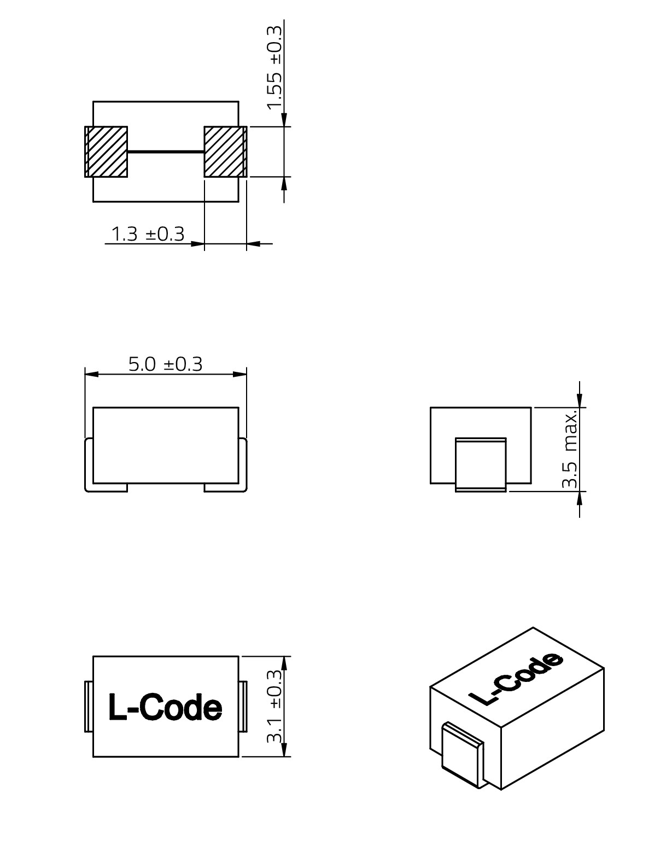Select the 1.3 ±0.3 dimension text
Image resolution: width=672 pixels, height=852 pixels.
click(x=148, y=234)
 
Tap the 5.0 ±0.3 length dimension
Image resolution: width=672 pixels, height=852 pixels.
click(x=166, y=364)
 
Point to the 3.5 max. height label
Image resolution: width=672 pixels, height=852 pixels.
click(x=571, y=450)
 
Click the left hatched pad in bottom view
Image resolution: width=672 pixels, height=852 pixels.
click(x=106, y=151)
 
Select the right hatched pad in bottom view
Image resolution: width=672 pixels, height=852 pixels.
click(x=225, y=151)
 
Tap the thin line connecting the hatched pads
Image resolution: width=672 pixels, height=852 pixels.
click(x=166, y=151)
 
